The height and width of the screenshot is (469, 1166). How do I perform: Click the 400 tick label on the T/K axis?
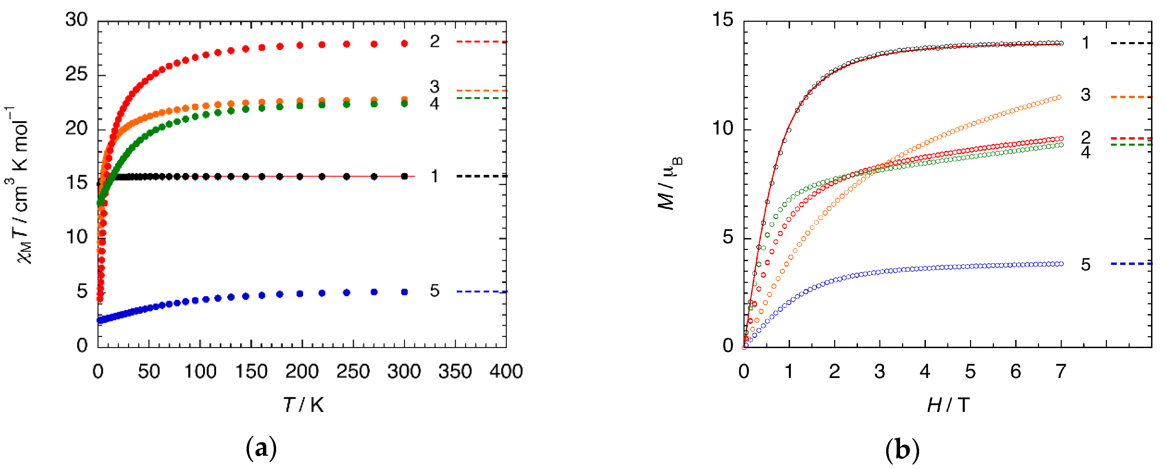pos(506,372)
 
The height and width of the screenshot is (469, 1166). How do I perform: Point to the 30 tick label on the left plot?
pos(76,20)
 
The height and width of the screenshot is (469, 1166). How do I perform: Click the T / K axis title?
pos(303,404)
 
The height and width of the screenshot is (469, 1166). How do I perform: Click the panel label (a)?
pos(261,449)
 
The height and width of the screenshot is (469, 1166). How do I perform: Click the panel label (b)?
pos(902,450)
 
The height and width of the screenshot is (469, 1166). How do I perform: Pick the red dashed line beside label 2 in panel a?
pos(482,42)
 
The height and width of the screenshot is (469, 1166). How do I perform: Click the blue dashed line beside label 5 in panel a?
pos(482,291)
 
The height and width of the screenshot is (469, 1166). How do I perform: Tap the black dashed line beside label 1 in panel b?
pos(1131,43)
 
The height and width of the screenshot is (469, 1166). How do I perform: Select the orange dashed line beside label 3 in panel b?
pos(1131,97)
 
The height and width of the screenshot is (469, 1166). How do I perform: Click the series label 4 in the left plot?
pos(434,104)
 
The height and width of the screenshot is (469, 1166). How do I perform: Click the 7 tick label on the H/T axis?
pos(1061,372)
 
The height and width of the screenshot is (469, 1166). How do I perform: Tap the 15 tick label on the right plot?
pos(722,20)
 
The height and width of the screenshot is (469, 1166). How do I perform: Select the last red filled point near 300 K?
pos(405,43)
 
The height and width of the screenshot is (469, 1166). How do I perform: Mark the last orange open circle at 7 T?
pos(1059,97)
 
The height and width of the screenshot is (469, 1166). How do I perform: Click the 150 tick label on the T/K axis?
pos(251,372)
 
